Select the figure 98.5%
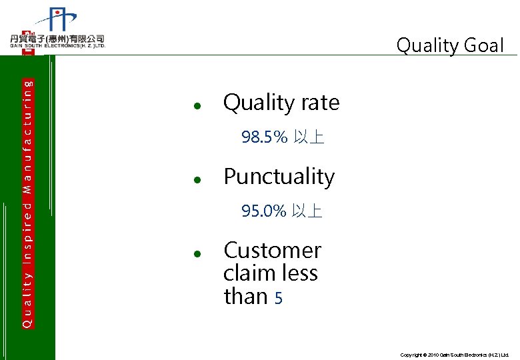pyautogui.click(x=264, y=138)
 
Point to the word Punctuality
pyautogui.click(x=279, y=177)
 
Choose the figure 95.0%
pyautogui.click(x=263, y=212)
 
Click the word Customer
pyautogui.click(x=272, y=251)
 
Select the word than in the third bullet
pyautogui.click(x=246, y=296)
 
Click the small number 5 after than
pyautogui.click(x=279, y=299)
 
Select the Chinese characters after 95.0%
pyautogui.click(x=307, y=212)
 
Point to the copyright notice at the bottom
pyautogui.click(x=454, y=355)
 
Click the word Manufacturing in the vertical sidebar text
pyautogui.click(x=27, y=137)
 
